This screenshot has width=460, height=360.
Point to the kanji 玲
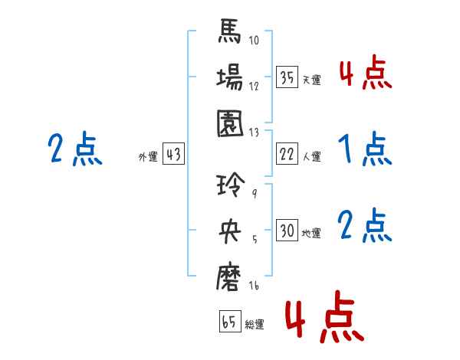click(230, 185)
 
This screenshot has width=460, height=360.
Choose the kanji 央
click(230, 230)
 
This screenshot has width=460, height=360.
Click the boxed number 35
click(287, 77)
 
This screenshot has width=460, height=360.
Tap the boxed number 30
click(287, 231)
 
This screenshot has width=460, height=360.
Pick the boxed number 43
click(172, 155)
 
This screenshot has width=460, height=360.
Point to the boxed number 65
click(229, 322)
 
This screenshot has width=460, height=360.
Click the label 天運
click(312, 80)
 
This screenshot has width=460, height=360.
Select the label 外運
click(148, 157)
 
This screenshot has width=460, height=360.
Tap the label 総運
click(255, 324)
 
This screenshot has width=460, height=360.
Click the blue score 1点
click(365, 149)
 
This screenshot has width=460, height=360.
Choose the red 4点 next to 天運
click(365, 74)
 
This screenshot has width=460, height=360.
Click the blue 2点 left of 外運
click(74, 149)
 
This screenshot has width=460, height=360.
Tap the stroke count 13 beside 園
click(255, 132)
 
